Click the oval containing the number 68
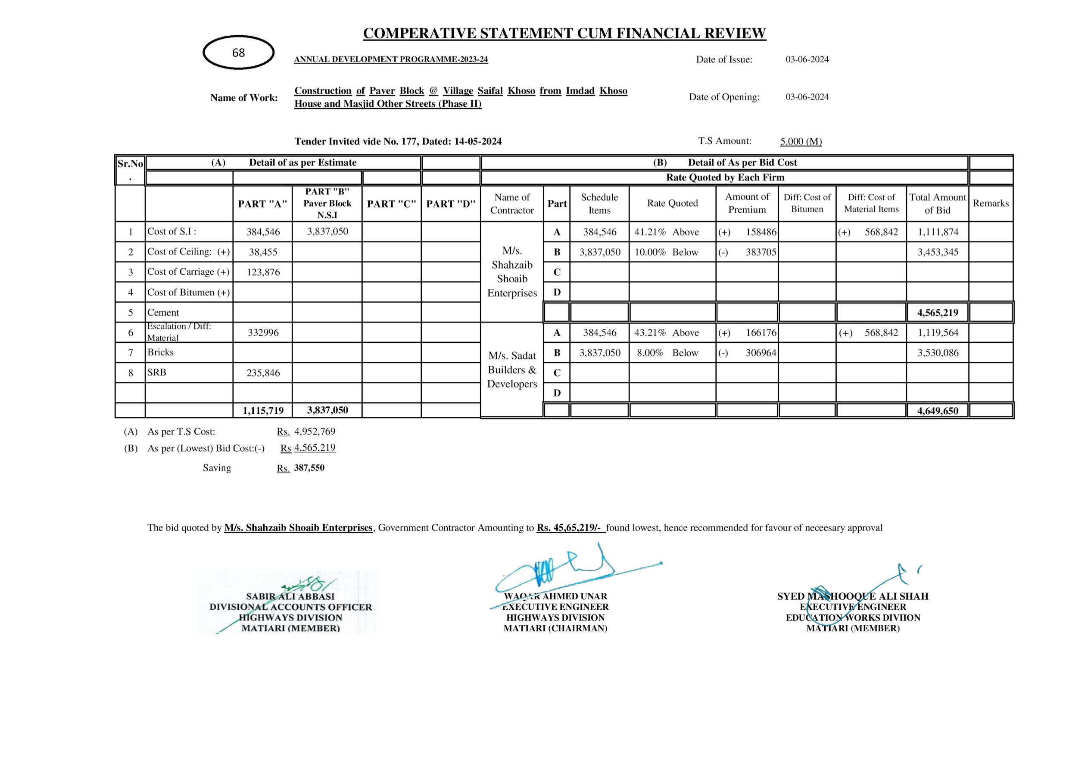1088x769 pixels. coord(238,53)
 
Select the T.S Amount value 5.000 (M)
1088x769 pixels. coord(801,142)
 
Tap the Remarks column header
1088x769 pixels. coord(991,203)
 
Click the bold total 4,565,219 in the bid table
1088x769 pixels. coord(937,313)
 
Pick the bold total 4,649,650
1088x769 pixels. coord(937,410)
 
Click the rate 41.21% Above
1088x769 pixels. coord(666,232)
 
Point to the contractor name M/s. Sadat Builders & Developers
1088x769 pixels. coord(512,370)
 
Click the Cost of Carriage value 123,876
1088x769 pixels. coord(263,272)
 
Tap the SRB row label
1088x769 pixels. coord(157,373)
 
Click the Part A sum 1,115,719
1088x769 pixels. coord(263,410)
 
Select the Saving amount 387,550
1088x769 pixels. coord(309,468)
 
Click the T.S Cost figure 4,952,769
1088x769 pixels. coord(315,432)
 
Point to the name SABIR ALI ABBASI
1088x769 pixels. coord(290,597)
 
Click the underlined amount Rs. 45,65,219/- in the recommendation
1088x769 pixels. coord(570,528)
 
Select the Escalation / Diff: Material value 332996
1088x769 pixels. coord(263,333)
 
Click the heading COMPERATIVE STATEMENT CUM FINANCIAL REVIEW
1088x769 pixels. coord(564,34)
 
